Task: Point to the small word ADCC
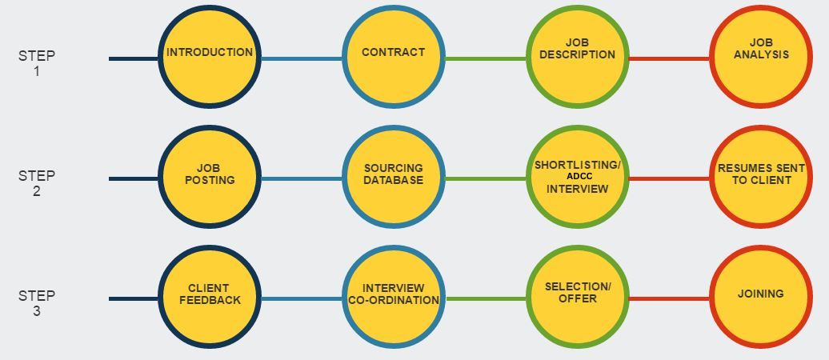[578, 176]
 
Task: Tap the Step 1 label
[37, 63]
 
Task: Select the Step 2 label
[37, 183]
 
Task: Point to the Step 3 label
[37, 303]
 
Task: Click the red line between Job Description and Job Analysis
[669, 58]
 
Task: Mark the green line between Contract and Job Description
[485, 58]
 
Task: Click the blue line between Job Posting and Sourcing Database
[302, 178]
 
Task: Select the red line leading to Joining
[669, 298]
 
